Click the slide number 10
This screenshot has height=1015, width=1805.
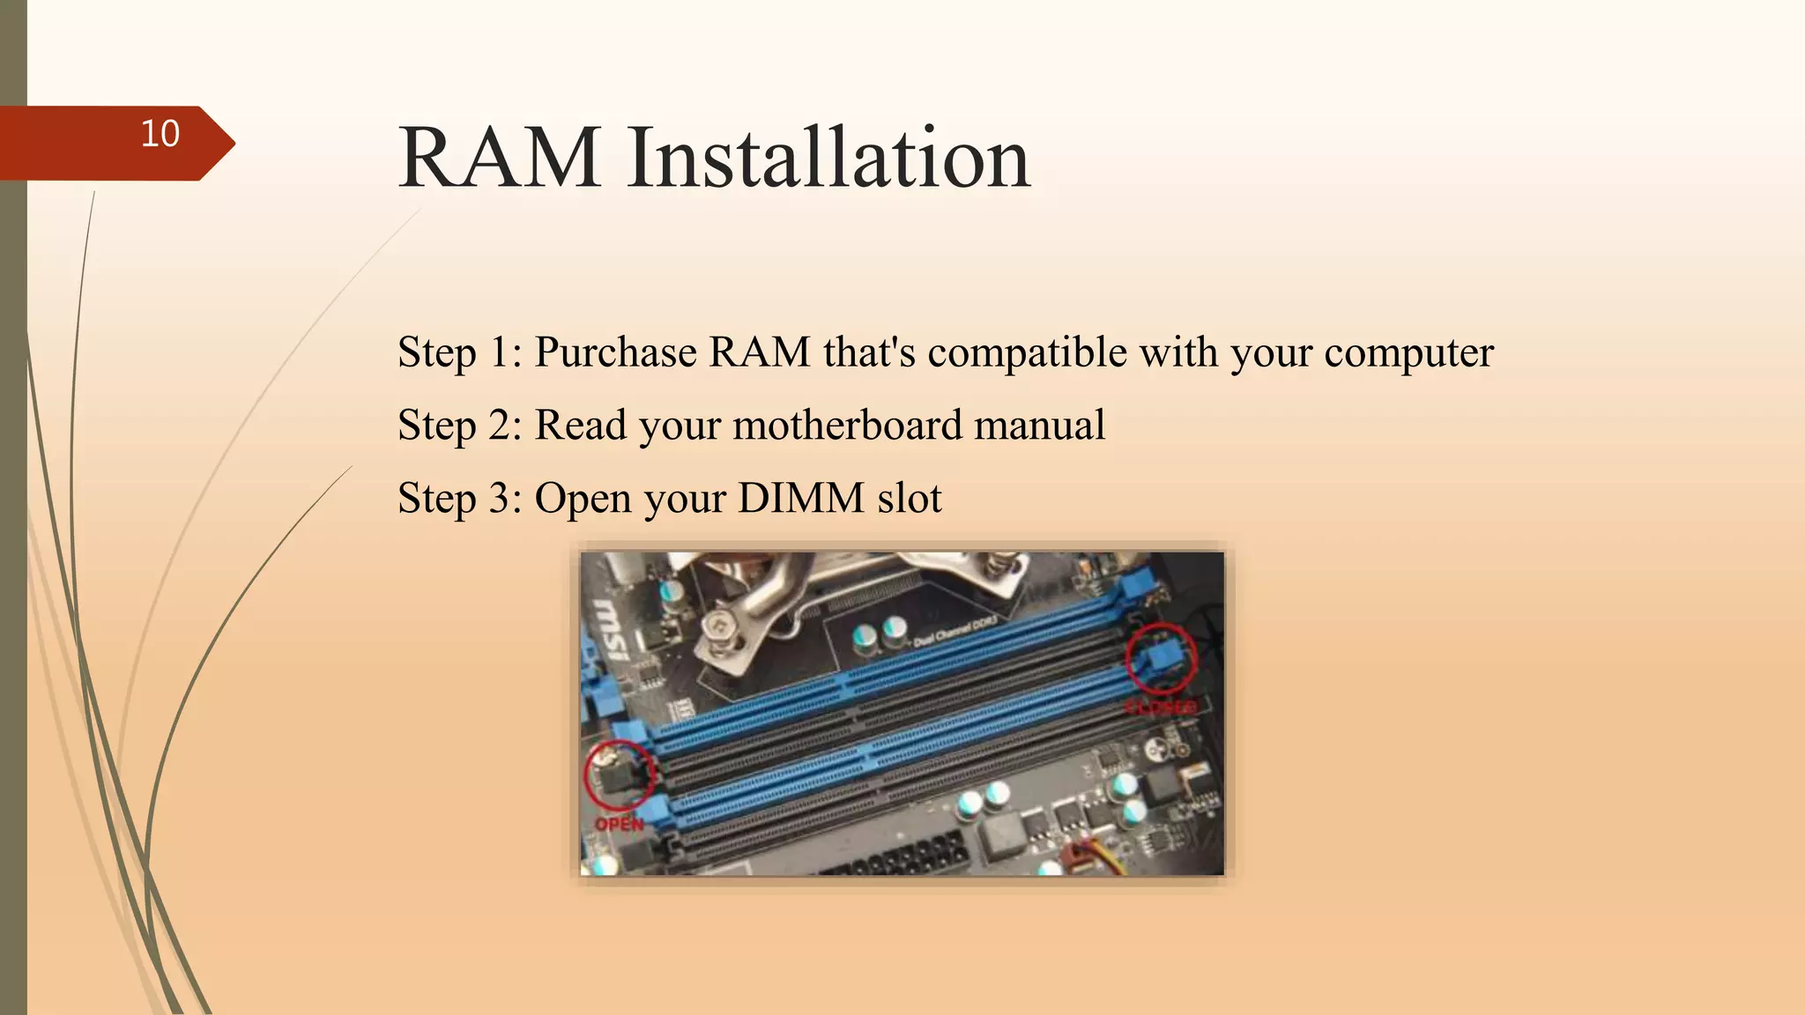pos(160,134)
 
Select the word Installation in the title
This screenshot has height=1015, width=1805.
pos(828,158)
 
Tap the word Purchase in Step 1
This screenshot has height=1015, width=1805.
pos(616,352)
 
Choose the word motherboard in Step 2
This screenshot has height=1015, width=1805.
pos(847,425)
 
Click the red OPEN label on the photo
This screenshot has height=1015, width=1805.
pos(619,825)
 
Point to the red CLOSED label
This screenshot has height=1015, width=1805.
pos(1162,708)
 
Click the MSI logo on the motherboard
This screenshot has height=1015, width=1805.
pos(609,631)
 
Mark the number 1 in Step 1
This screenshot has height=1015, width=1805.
pos(499,352)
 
